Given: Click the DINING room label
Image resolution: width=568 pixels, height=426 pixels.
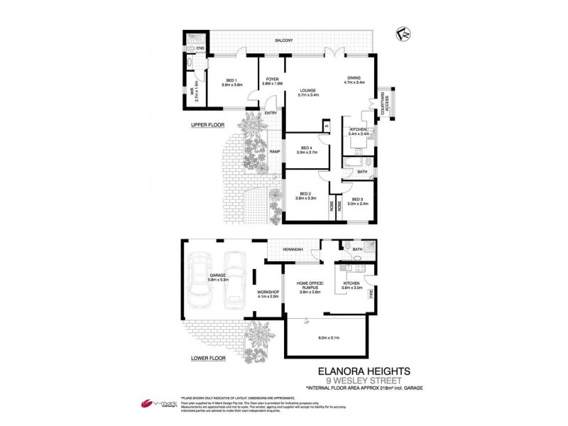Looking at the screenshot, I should pyautogui.click(x=355, y=80).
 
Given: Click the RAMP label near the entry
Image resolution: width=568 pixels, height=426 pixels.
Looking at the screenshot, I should pyautogui.click(x=274, y=151).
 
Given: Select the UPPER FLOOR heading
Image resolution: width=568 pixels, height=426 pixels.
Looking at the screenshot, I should pyautogui.click(x=207, y=125).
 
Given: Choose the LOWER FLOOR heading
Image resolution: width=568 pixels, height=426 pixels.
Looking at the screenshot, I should pyautogui.click(x=208, y=359).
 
